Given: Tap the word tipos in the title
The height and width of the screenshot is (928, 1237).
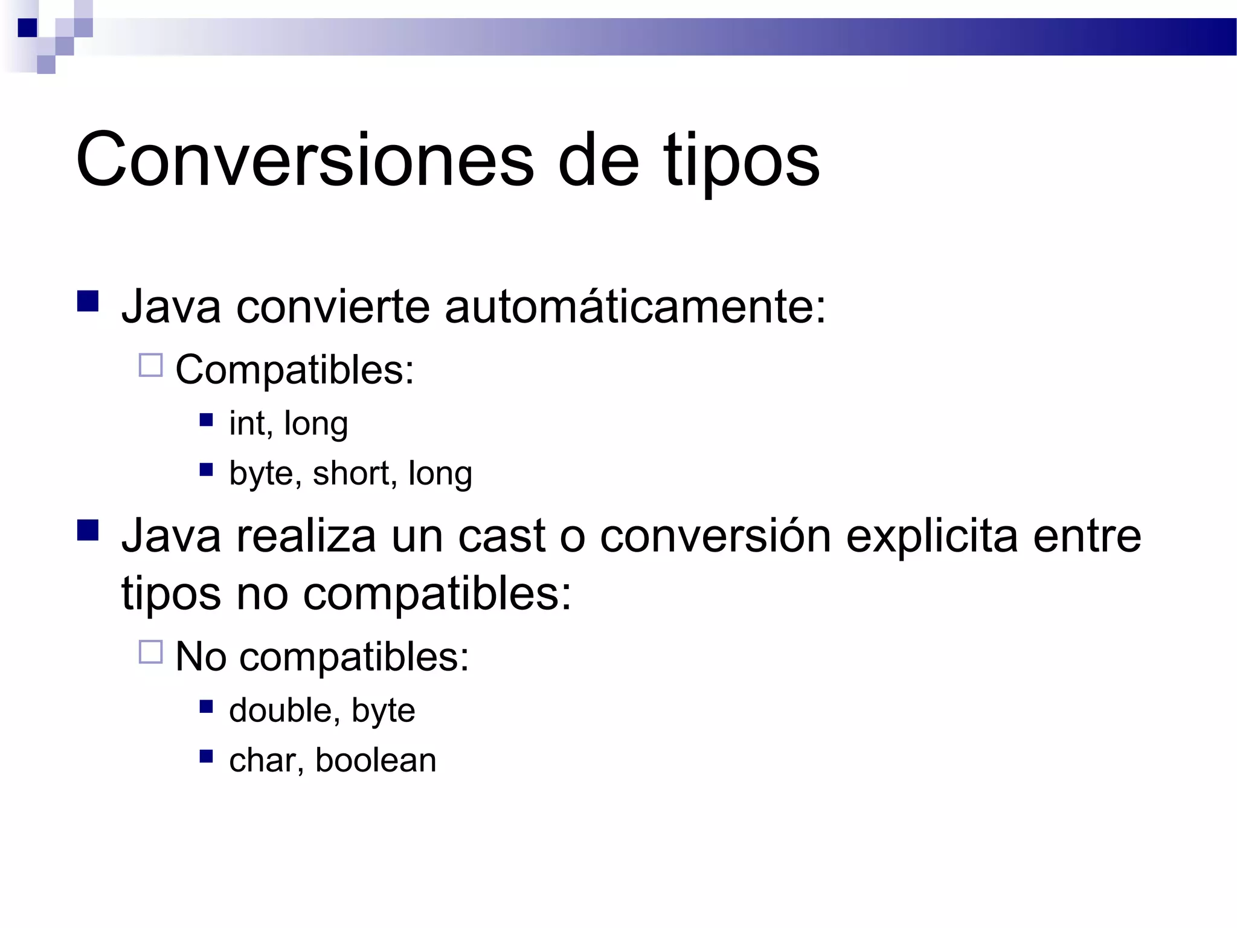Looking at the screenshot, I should point(741,162).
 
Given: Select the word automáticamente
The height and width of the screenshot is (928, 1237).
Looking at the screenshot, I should point(635,307).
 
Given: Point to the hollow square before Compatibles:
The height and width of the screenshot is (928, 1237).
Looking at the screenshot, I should point(151,366).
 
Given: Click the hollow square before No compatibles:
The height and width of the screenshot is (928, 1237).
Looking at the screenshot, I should point(151,652).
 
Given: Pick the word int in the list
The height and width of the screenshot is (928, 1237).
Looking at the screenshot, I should point(247,423).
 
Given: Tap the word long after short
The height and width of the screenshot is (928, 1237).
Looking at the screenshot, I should point(440,473).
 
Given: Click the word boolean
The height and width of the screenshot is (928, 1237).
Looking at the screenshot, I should point(375,760).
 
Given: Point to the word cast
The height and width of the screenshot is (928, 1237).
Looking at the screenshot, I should point(502,536).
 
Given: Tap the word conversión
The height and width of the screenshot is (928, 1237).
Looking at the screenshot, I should point(715,536).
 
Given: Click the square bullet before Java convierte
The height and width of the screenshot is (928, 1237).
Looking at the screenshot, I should point(88,301).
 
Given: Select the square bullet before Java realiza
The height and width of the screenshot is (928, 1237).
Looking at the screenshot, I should point(88,530).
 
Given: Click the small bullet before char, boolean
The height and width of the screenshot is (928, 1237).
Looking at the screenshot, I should point(207,756).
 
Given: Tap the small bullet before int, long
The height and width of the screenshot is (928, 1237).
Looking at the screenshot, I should point(207,419).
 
